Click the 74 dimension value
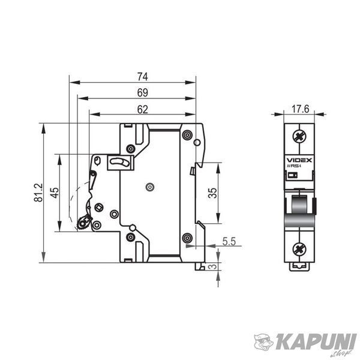(x=143, y=77)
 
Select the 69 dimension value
(x=143, y=93)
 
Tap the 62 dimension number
(x=143, y=110)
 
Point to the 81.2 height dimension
(x=38, y=193)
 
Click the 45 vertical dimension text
(x=55, y=193)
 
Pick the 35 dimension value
(x=212, y=193)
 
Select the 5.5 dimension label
(x=229, y=241)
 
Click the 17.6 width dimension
(x=301, y=109)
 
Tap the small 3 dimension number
(x=213, y=266)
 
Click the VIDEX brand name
(x=299, y=160)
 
